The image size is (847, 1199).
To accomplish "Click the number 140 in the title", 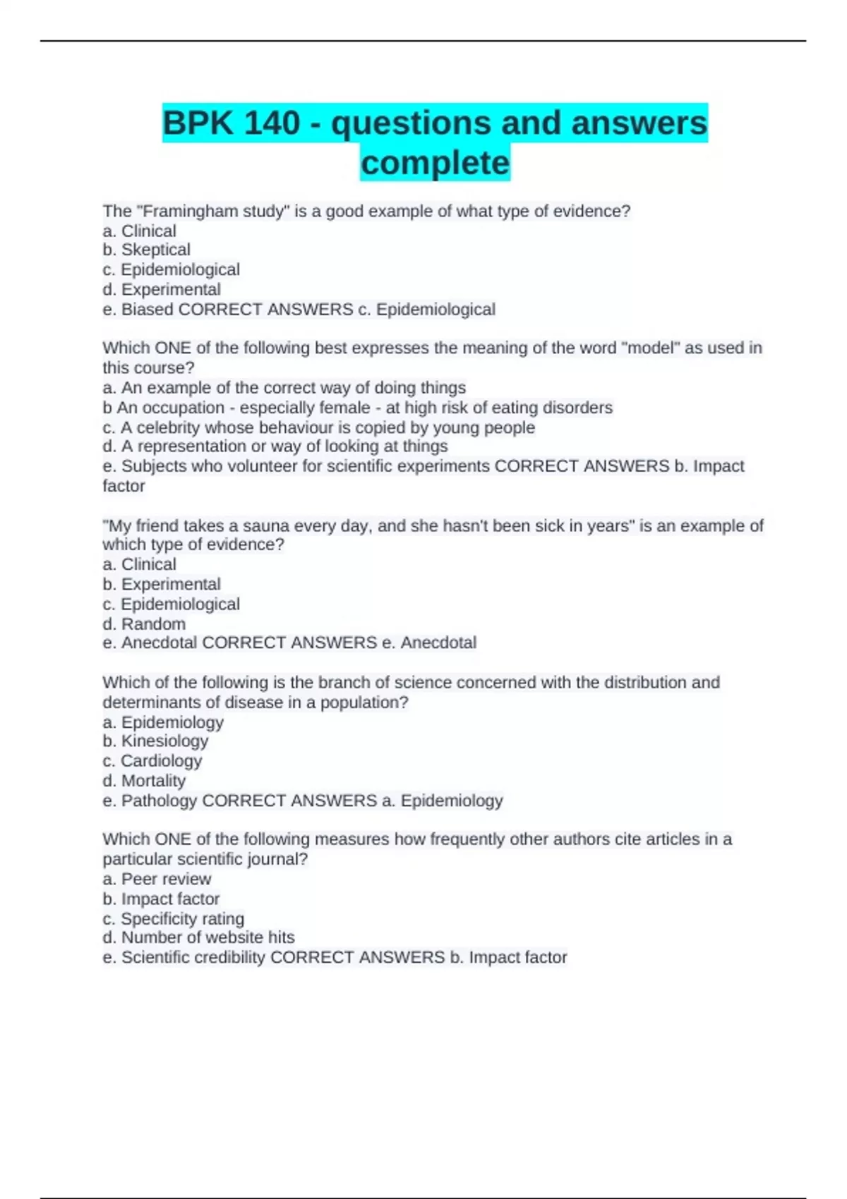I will tap(272, 123).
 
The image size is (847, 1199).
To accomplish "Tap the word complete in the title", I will tap(435, 163).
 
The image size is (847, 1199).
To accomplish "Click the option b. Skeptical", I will tap(147, 250).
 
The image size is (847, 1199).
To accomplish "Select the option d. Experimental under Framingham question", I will tap(162, 289).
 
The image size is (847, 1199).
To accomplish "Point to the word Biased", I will tap(148, 309).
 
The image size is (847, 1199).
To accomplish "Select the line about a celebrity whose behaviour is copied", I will tap(319, 427).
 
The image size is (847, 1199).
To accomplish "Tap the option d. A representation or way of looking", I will tap(275, 446).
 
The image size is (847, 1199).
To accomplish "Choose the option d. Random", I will tap(145, 623).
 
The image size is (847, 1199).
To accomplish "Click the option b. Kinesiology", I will tap(156, 741).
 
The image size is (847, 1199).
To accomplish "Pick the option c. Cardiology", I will tap(152, 760).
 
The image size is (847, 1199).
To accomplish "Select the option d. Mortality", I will tap(144, 780).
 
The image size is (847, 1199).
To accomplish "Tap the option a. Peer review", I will tap(157, 879).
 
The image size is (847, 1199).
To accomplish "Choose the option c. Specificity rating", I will tap(174, 918).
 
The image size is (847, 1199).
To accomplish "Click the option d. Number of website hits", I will tap(198, 937).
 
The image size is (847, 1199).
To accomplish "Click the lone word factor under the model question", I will tap(124, 486).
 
